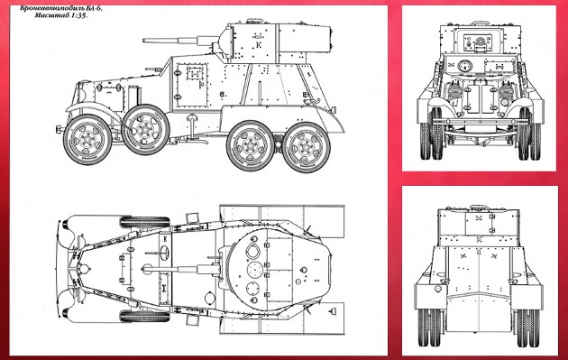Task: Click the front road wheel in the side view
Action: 87,139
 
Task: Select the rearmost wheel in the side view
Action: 307,147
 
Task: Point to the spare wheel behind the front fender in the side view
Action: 145,129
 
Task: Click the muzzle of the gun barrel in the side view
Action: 144,41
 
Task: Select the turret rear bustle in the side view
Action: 305,38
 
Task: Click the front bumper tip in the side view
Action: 58,129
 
